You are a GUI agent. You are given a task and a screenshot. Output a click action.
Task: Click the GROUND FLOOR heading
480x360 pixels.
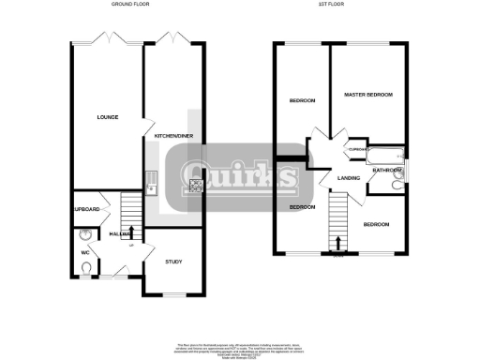point(130,5)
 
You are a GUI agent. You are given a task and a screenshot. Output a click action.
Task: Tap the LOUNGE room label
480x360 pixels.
point(105,118)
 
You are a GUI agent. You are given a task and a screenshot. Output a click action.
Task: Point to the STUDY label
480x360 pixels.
point(172,262)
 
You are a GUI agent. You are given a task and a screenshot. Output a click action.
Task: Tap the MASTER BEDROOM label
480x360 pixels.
point(367,96)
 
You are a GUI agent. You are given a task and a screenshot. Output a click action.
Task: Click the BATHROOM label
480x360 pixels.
point(387,171)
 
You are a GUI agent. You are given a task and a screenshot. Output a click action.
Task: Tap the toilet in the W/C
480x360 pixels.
point(87,269)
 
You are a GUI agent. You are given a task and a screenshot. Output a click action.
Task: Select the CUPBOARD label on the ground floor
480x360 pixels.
point(85,209)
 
